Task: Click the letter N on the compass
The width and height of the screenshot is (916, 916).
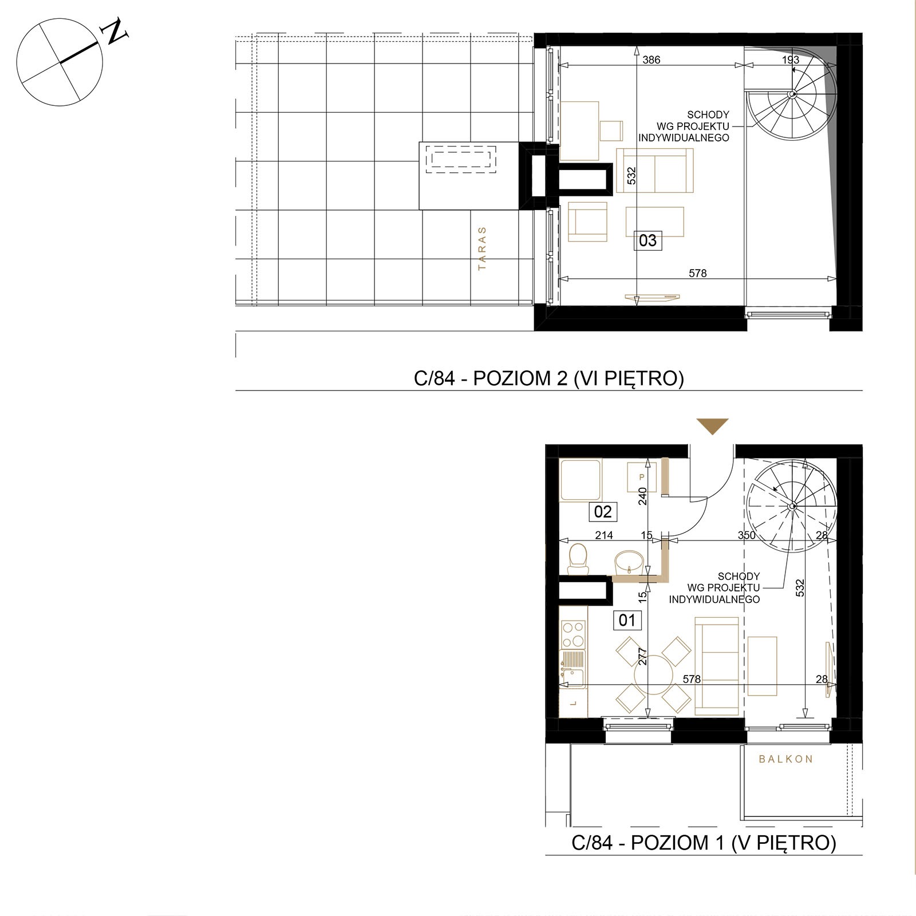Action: point(114,31)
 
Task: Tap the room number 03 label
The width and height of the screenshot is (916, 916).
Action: point(647,240)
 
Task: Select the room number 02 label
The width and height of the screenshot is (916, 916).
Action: point(603,511)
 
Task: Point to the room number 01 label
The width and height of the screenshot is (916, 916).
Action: point(627,620)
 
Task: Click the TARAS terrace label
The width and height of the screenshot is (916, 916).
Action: point(482,248)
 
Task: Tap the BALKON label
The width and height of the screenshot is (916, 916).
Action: point(785,759)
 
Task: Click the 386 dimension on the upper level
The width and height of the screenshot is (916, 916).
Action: point(652,60)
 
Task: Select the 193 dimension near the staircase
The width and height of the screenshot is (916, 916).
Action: point(790,60)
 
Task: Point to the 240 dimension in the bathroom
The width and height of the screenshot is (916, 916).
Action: point(642,496)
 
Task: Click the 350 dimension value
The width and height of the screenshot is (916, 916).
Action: point(747,535)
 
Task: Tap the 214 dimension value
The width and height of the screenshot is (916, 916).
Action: point(604,535)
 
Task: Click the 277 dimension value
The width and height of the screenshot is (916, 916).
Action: point(642,657)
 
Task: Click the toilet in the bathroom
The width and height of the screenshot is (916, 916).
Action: point(578,559)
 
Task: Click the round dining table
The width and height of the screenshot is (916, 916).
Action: point(653,676)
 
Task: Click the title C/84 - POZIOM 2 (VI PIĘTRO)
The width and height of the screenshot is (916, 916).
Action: point(549,378)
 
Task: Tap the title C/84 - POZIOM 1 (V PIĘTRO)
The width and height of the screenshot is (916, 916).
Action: point(704,842)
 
